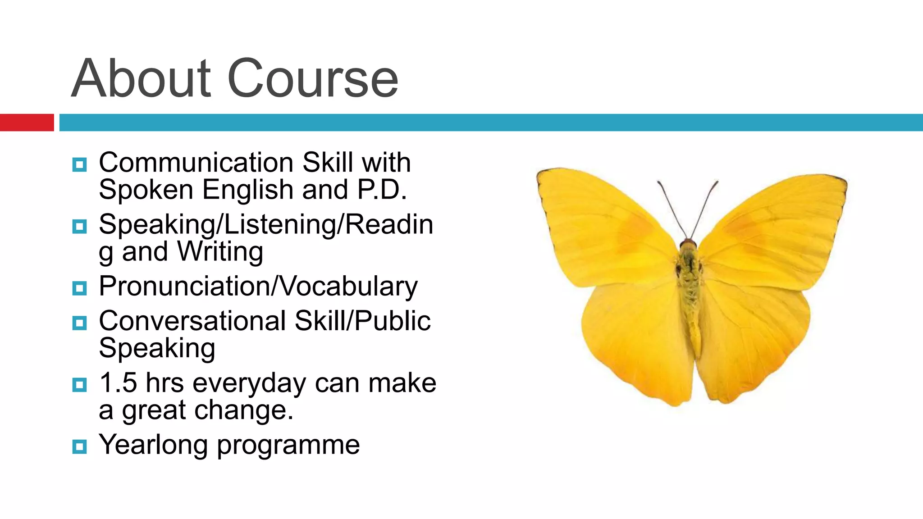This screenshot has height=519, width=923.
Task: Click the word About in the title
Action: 141,79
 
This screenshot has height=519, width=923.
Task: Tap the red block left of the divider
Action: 27,123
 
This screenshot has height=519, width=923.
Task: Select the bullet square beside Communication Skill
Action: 79,165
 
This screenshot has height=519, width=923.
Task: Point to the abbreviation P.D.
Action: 382,190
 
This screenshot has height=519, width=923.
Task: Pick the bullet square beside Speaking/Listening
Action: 79,227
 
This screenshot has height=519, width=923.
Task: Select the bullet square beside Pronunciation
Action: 79,288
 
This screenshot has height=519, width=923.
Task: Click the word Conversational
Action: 192,321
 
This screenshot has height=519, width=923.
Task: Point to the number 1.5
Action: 118,383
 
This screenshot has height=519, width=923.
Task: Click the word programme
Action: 288,446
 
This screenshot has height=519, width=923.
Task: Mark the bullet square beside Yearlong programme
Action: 79,447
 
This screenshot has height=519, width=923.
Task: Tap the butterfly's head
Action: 688,245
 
